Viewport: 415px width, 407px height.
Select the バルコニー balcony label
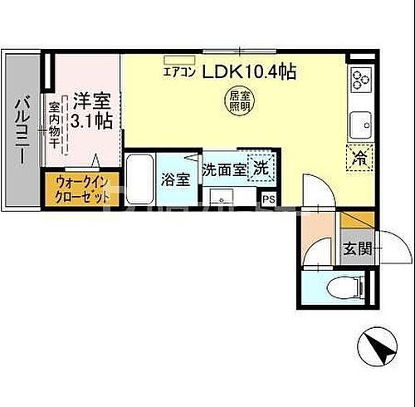[x=21, y=131]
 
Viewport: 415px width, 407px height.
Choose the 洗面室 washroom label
[x=224, y=169]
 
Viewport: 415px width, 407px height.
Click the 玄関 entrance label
[x=358, y=248]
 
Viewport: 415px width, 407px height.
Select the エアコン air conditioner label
[x=178, y=72]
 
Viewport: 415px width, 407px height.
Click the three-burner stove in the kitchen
[x=361, y=81]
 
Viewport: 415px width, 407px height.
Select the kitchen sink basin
[x=362, y=125]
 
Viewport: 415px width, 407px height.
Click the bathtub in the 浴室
[x=141, y=178]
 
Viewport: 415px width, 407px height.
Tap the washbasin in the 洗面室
[x=220, y=196]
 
